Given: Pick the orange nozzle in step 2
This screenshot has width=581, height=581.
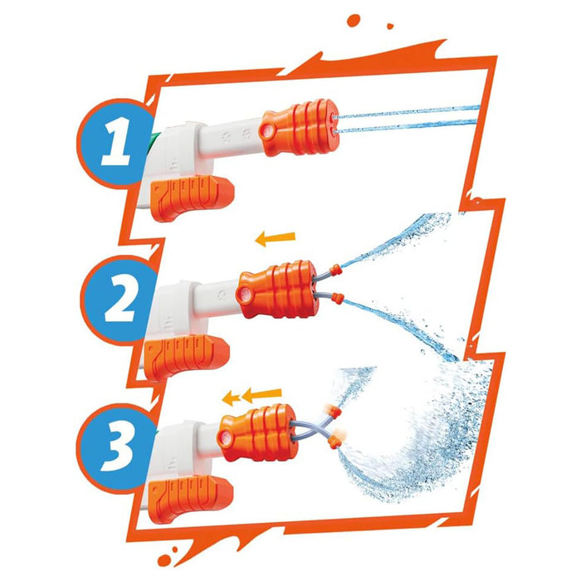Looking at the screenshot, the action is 277,290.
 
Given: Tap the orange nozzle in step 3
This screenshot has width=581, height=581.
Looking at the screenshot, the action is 258,433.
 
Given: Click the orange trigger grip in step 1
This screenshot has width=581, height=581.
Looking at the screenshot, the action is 192,197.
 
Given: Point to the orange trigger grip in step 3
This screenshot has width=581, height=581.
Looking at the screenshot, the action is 190,498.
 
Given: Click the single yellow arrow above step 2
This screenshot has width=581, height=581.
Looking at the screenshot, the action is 276,238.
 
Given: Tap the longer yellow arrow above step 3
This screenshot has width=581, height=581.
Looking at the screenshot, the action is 261,395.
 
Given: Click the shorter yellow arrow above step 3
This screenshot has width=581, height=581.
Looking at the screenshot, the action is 231,399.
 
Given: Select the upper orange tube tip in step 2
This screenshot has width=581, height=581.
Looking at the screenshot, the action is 335,270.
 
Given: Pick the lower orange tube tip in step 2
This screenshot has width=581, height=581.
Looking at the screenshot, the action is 337,297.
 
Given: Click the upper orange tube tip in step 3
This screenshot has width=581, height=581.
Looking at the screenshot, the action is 335,412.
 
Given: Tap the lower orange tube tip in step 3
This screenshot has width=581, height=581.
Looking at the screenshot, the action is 334,442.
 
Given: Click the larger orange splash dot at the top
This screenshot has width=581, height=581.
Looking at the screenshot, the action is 354,20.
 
